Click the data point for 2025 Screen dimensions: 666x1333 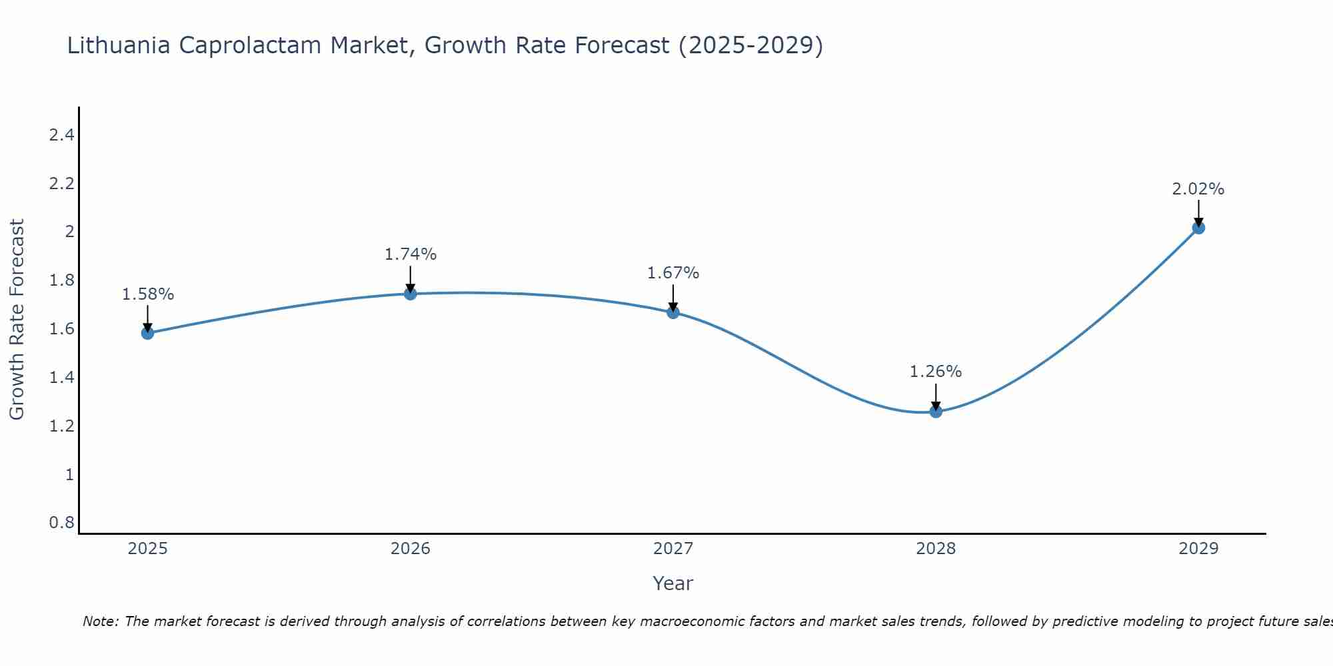[x=147, y=333]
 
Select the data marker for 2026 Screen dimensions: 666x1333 [x=411, y=294]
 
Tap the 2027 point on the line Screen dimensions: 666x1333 [x=673, y=312]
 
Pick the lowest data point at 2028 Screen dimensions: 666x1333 [x=936, y=412]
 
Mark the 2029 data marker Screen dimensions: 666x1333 [x=1198, y=228]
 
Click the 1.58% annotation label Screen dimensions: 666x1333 [x=147, y=294]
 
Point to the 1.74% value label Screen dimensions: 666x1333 [x=411, y=254]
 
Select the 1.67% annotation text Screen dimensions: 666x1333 [x=673, y=273]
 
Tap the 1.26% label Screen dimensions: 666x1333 [x=936, y=372]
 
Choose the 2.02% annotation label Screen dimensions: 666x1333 [x=1198, y=189]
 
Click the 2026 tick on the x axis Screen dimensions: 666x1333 [x=411, y=549]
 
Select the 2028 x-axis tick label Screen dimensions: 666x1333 [x=936, y=549]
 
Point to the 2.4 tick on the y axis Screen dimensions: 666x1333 [x=61, y=135]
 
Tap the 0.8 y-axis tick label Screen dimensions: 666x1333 [x=61, y=523]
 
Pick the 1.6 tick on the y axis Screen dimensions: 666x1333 [x=61, y=329]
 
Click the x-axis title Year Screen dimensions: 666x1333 [x=673, y=583]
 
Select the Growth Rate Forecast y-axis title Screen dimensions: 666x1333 [x=17, y=320]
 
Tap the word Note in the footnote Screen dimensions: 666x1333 [x=99, y=621]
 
